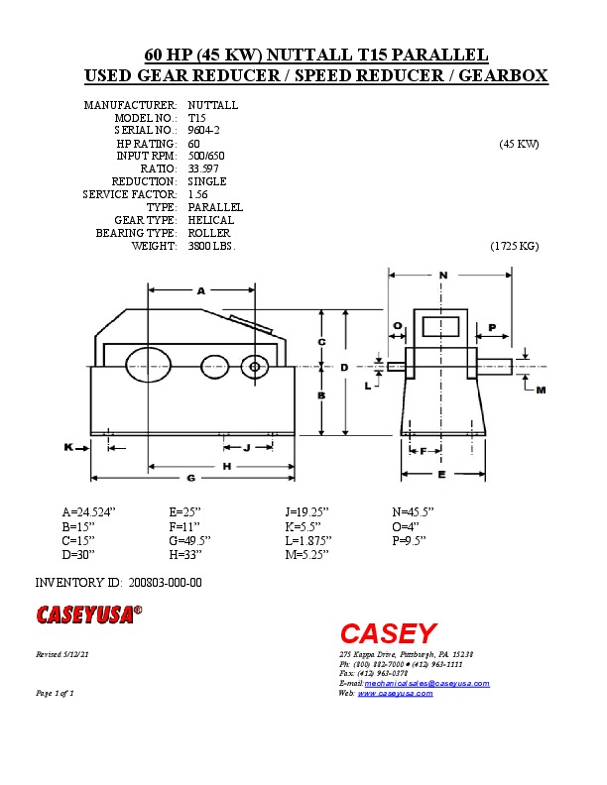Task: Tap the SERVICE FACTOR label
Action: click(130, 194)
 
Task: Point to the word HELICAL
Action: click(210, 220)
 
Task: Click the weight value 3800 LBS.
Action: click(211, 246)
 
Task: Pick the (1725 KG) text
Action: click(514, 246)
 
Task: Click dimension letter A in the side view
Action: click(200, 291)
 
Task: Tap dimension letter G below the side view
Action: click(190, 478)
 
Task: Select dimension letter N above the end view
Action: click(442, 275)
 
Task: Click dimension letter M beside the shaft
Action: click(541, 391)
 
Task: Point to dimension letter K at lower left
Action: click(69, 447)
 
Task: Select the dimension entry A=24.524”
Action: click(89, 512)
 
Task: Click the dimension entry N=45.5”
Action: click(414, 512)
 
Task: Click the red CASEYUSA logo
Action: click(89, 615)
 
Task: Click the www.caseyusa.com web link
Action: click(395, 693)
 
